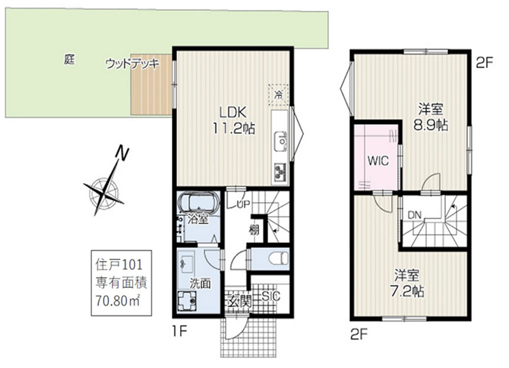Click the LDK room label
[233, 113]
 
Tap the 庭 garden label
[69, 59]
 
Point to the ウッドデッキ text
[133, 64]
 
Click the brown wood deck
[151, 85]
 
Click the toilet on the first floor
[279, 259]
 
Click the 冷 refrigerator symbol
[278, 95]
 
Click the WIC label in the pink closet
[378, 161]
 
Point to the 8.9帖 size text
[431, 125]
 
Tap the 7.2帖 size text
[407, 292]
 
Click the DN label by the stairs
[414, 215]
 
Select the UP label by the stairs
[244, 204]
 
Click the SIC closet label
[271, 296]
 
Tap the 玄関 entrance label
[240, 303]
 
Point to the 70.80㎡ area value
[118, 301]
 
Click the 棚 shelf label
[254, 229]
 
